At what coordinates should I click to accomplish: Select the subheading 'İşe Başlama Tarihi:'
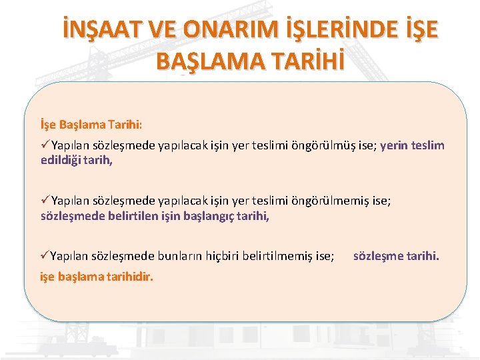pyautogui.click(x=91, y=124)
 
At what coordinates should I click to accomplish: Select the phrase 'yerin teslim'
pyautogui.click(x=412, y=146)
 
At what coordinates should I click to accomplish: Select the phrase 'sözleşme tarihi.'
pyautogui.click(x=396, y=256)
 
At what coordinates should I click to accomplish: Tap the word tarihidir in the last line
pyautogui.click(x=125, y=277)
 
